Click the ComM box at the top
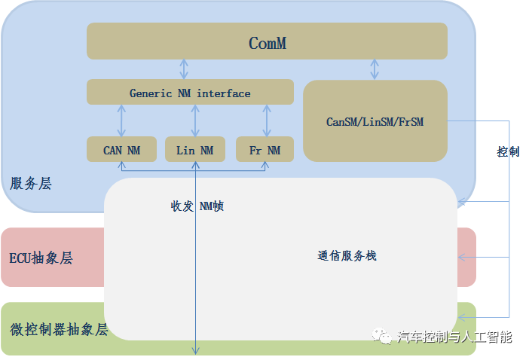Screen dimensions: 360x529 [267, 41]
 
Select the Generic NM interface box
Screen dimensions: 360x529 [190, 93]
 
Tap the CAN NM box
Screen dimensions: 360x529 [121, 150]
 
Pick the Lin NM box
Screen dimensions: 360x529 [194, 150]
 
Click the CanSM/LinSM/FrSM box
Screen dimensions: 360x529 [375, 121]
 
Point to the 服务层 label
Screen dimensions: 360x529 [31, 184]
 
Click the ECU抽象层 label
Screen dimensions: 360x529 [41, 258]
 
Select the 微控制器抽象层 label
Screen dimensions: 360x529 [59, 329]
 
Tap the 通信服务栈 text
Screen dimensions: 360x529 [347, 256]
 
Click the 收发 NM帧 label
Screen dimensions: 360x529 [197, 206]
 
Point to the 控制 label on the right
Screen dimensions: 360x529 [508, 151]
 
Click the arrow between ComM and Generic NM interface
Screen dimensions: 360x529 [184, 69]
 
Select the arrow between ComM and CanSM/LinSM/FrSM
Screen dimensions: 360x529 [375, 69]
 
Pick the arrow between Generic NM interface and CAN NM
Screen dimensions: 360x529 [121, 121]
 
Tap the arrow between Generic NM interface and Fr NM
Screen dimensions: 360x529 [266, 121]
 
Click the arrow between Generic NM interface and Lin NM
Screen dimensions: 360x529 [195, 121]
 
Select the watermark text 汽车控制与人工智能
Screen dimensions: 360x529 [454, 337]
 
